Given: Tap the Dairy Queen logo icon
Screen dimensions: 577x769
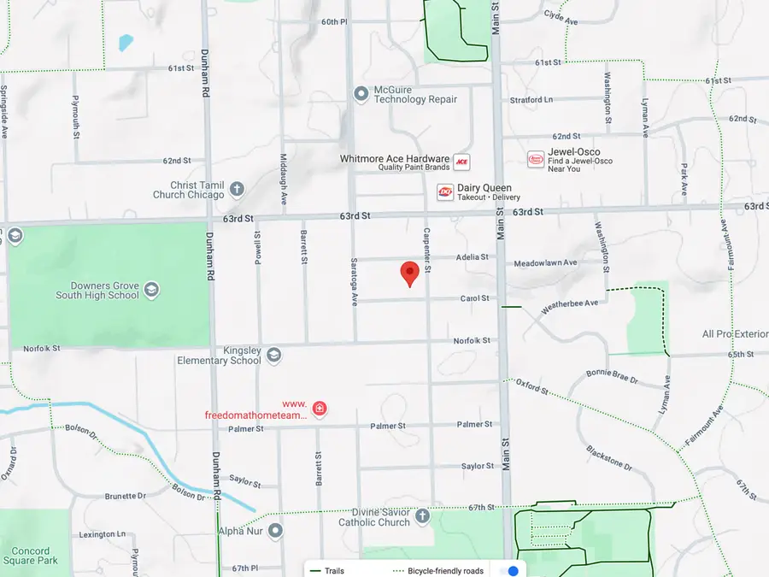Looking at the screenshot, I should [x=444, y=192].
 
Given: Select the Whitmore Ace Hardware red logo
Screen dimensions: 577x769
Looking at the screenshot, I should [x=461, y=162].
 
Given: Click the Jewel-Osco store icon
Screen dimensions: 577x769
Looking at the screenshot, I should [x=536, y=160].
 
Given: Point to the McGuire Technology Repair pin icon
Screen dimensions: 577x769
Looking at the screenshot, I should [x=361, y=93].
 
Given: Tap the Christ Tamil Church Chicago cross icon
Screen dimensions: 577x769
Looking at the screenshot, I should [x=237, y=189].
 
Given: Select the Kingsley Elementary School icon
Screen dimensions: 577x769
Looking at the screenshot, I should [x=273, y=354].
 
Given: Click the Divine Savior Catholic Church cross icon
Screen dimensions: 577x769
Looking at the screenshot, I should [x=422, y=516].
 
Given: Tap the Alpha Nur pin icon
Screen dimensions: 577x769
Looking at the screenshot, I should [x=275, y=531].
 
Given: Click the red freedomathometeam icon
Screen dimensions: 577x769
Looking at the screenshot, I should [x=320, y=409].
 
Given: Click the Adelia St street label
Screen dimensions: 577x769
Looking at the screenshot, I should [x=472, y=256].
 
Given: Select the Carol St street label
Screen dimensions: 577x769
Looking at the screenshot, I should [x=474, y=298].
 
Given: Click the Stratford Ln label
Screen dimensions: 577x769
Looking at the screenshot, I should [x=531, y=100].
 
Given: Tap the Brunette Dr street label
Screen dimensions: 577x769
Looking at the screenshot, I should [x=125, y=496].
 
